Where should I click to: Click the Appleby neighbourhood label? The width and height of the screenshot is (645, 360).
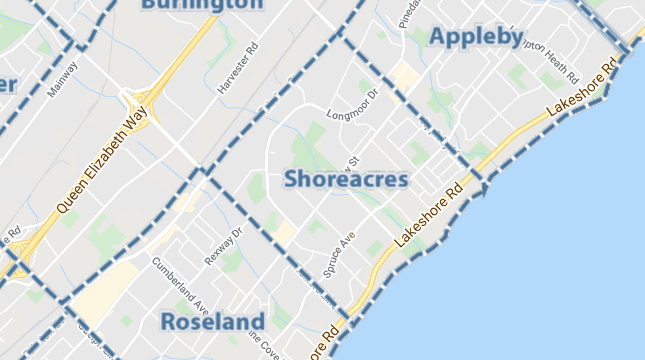(476, 37)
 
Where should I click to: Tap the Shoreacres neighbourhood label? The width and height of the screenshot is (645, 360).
(346, 179)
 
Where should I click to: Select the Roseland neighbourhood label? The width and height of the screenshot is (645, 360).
(212, 322)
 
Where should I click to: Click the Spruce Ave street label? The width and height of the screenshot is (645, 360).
(338, 254)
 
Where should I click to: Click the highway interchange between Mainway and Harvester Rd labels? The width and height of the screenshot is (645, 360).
(141, 105)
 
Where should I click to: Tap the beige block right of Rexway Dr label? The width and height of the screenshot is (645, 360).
(284, 232)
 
